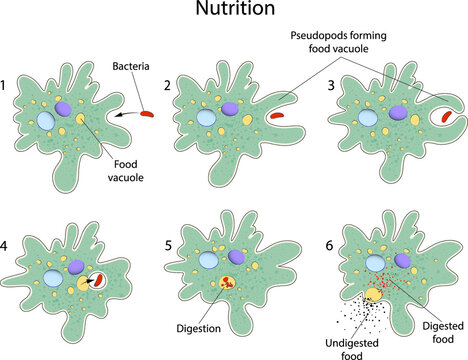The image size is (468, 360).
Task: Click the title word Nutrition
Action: coord(233,11)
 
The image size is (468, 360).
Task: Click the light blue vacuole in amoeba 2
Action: coord(205,116)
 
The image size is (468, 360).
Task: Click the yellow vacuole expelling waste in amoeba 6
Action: coord(373,294)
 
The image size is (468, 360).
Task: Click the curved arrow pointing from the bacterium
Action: coord(125,116)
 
